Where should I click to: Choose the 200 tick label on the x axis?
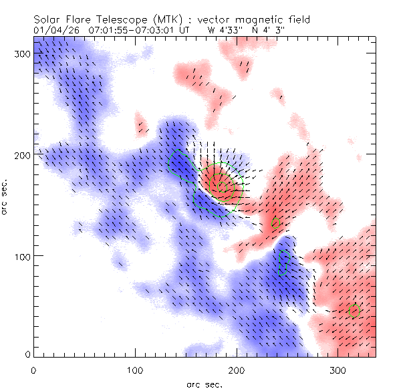point(236,369)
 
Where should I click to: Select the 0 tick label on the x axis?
point(33,369)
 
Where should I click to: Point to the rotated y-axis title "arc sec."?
point(5,197)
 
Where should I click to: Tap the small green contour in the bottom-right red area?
point(354,308)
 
